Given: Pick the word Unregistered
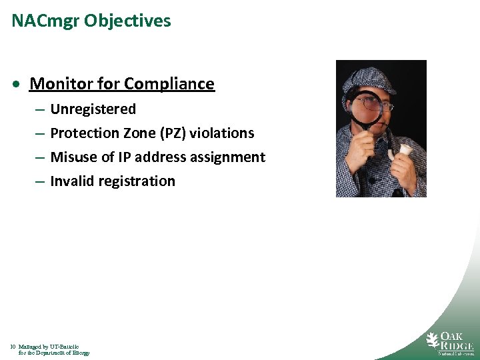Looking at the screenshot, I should (93, 109).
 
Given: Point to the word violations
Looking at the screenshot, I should (222, 133).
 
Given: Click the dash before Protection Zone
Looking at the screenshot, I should (39, 133).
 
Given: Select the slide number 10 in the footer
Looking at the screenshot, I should (13, 347).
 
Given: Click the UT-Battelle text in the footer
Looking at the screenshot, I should (64, 347).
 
